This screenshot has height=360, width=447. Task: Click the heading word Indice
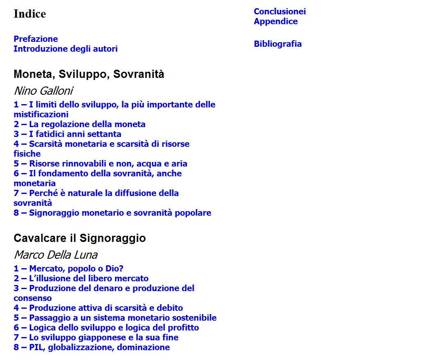coord(30,14)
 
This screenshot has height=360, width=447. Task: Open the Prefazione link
coord(36,39)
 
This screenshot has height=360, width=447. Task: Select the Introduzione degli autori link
coord(66,49)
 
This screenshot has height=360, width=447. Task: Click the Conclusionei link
coord(280,11)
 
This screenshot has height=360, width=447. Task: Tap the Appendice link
coord(276,21)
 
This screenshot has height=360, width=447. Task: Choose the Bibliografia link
coord(278,44)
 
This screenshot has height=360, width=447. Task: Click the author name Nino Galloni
coord(43,91)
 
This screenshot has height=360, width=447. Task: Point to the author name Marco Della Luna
coord(55,255)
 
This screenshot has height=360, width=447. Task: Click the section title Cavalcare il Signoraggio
coord(80,238)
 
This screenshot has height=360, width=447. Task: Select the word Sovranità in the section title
coord(139,74)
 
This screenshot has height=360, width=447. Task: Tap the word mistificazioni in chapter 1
coord(41,114)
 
